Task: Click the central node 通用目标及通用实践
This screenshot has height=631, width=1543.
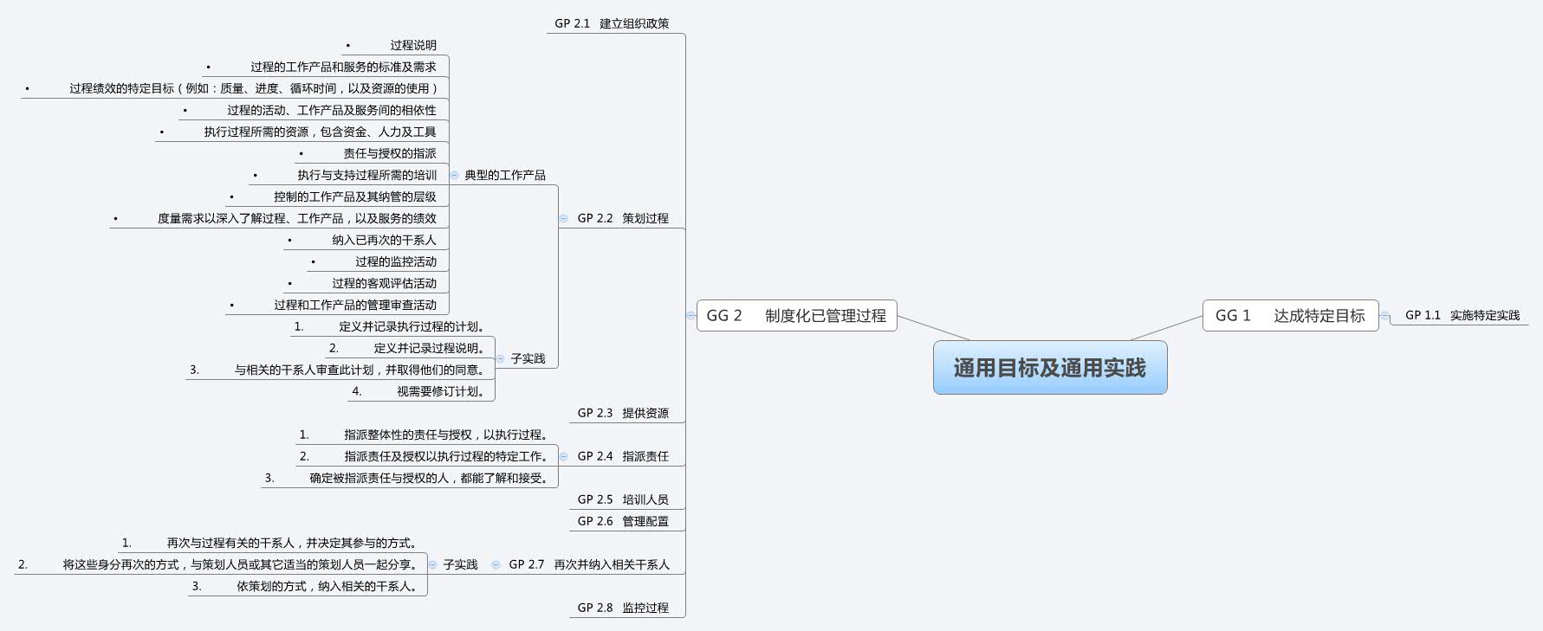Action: (x=1049, y=368)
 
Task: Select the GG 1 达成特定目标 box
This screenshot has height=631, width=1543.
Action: (x=1289, y=316)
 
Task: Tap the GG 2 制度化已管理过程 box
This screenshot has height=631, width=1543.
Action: (x=796, y=316)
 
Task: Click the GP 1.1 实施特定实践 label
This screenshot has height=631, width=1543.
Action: (x=1462, y=315)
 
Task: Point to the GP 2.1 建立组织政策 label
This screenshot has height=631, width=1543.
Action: (x=612, y=23)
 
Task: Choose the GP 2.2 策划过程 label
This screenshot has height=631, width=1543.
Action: (x=623, y=218)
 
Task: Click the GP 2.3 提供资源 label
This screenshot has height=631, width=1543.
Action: (x=623, y=413)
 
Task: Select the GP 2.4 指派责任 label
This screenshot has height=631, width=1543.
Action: (x=623, y=456)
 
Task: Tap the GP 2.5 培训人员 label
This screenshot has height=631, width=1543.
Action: (x=623, y=499)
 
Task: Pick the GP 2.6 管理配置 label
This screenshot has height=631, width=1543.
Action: (x=623, y=521)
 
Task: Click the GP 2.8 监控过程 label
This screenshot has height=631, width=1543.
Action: (x=623, y=608)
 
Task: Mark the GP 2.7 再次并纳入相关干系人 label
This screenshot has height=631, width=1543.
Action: (x=589, y=564)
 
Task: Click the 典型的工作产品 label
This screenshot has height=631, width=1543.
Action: (x=505, y=175)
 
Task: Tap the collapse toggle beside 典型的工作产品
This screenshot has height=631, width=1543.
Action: (x=454, y=175)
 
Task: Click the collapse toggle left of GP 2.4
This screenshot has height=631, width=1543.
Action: (x=563, y=456)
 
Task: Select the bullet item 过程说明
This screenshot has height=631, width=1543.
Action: (x=412, y=45)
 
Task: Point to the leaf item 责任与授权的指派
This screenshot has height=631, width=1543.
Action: (x=389, y=153)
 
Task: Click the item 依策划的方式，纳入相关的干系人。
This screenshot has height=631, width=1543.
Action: (x=329, y=586)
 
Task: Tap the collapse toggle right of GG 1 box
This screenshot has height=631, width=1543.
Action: (x=1384, y=316)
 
